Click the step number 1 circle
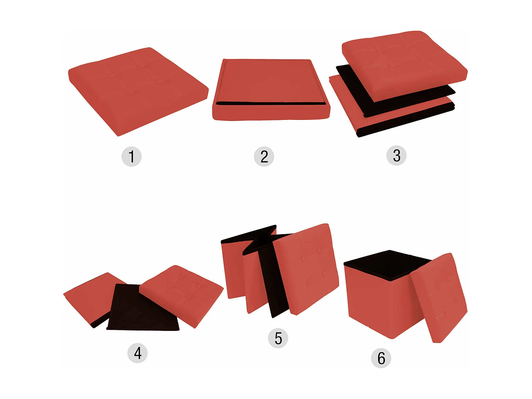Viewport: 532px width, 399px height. (x=132, y=156)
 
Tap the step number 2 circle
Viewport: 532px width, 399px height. (x=264, y=156)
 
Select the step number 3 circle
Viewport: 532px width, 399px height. (x=396, y=155)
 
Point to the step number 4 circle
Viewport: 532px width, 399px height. (x=137, y=353)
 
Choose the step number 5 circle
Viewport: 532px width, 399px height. (x=278, y=338)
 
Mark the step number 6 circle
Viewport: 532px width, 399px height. (x=381, y=358)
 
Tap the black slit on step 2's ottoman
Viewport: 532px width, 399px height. (x=270, y=104)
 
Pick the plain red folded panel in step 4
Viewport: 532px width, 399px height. (x=89, y=294)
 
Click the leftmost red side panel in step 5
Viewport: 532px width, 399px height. (x=232, y=270)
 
